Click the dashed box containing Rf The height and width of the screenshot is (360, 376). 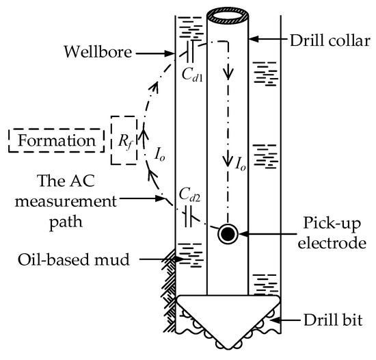tap(124, 143)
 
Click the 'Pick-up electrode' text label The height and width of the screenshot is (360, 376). tap(323, 233)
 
